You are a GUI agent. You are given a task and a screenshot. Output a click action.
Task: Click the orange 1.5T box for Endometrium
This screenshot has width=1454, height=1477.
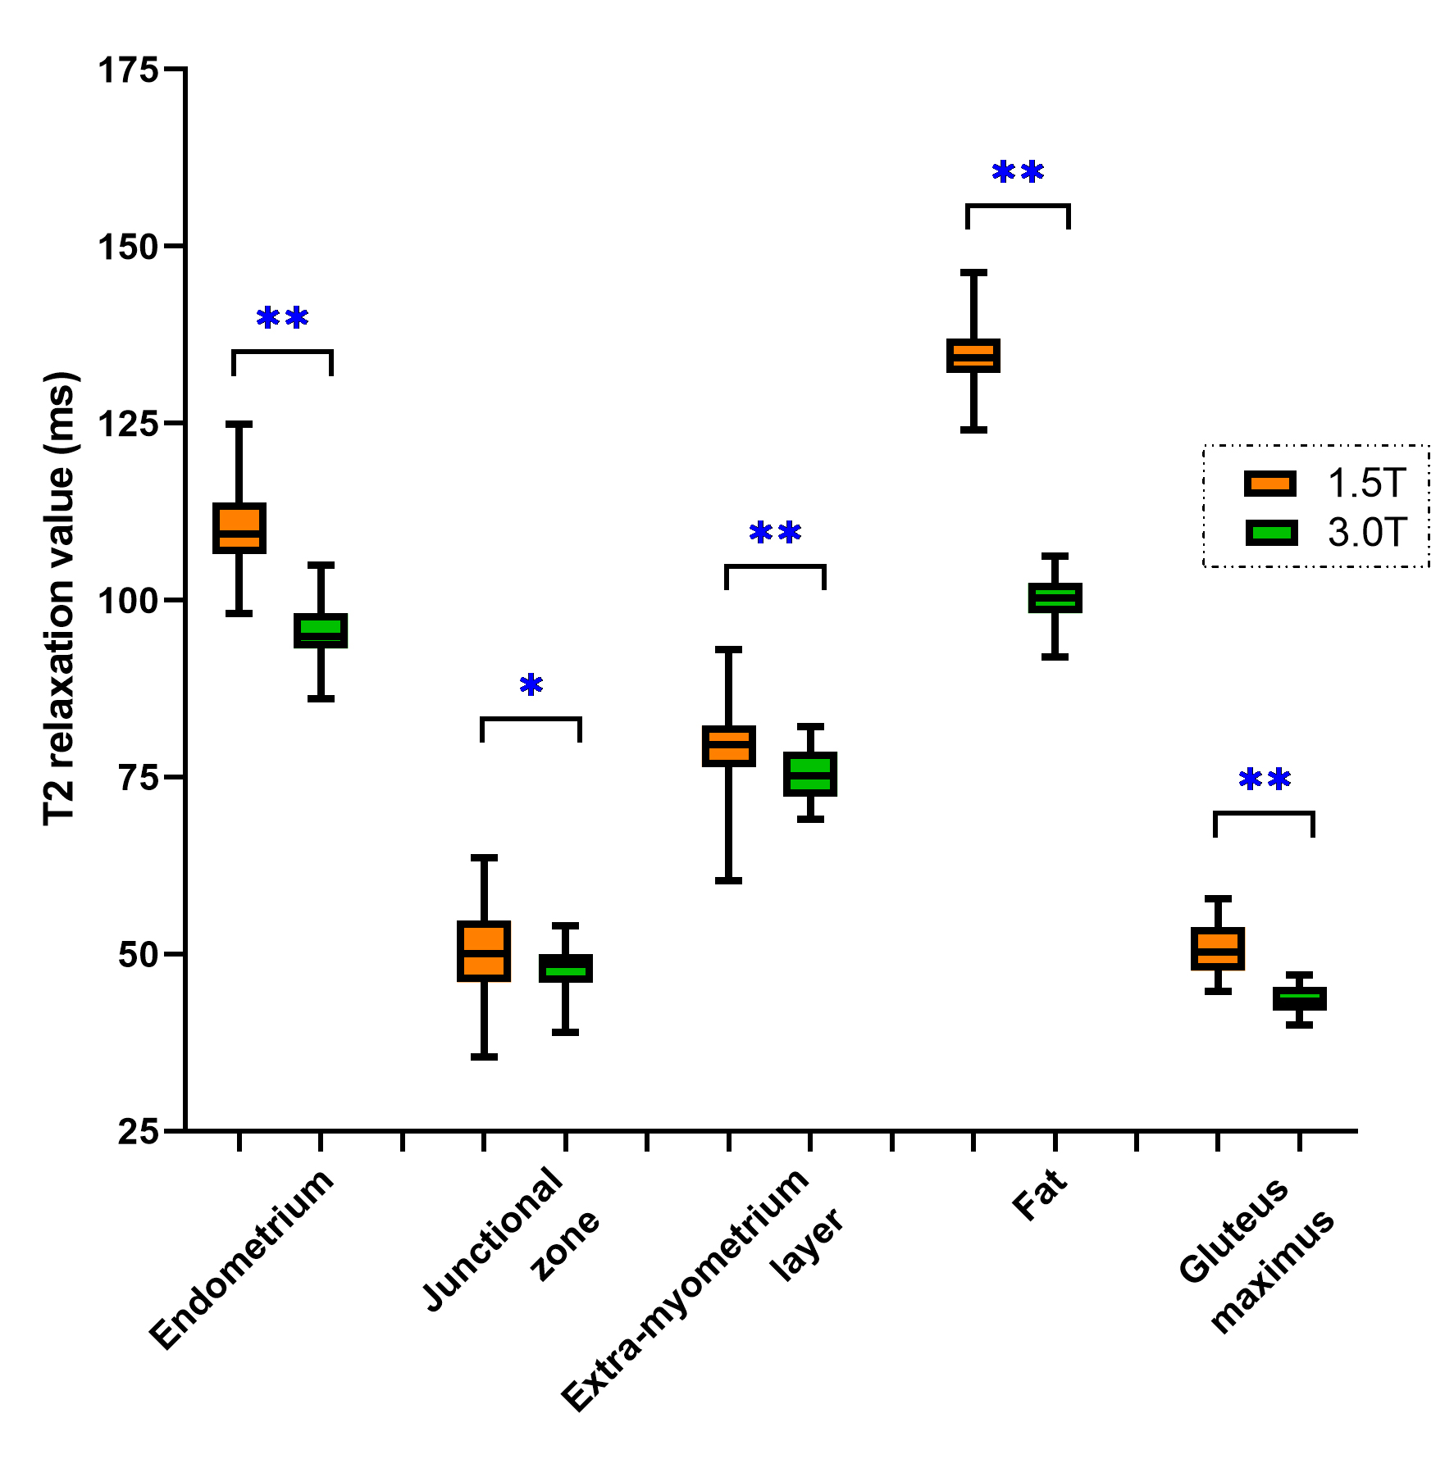coord(239,528)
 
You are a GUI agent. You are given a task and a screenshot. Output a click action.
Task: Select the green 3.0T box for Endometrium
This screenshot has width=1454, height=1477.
coord(321,630)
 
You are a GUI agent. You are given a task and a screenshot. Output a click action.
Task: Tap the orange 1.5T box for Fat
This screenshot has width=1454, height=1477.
coord(973,356)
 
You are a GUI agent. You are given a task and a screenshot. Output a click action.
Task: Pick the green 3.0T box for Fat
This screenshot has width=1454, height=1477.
coord(1055,598)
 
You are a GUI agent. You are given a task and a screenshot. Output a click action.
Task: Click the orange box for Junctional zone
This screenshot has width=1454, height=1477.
coord(484,951)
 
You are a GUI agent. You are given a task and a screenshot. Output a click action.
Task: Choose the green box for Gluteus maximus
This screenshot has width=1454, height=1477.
coord(1299,998)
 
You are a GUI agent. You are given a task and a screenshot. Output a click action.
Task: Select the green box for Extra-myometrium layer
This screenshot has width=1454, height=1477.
coord(810,774)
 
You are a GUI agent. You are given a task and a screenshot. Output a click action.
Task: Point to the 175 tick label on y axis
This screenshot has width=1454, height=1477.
coord(128,70)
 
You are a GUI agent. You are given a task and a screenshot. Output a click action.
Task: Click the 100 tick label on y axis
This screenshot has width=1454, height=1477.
coord(128,601)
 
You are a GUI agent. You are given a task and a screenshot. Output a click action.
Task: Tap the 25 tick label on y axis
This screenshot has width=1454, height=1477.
coord(138,1132)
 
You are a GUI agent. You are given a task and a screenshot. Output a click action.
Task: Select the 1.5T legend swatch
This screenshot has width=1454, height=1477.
coord(1270,484)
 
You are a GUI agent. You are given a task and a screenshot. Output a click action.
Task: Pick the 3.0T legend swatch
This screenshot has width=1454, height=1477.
coord(1271,534)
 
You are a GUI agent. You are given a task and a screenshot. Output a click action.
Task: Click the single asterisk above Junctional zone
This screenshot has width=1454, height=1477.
coord(531,684)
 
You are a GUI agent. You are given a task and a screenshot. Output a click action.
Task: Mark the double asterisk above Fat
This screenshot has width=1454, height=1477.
coord(1018,172)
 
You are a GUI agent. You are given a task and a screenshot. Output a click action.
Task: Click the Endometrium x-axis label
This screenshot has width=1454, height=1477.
coord(243,1259)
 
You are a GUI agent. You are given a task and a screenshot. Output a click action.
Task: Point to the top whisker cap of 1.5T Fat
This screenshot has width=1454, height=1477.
coord(973,271)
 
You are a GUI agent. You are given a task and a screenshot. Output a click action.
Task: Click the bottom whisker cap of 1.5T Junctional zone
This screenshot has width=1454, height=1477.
coord(484,1057)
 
